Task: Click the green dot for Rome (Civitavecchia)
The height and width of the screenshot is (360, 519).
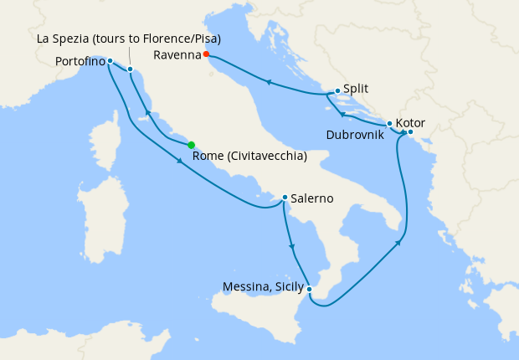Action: (192, 145)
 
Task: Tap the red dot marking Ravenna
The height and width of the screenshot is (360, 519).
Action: (206, 55)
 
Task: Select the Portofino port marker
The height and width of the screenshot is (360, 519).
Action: (110, 61)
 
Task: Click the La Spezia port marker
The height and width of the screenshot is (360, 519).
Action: (131, 69)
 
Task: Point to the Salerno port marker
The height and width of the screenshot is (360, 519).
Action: (285, 198)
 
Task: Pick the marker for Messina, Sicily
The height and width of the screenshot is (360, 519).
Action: (310, 290)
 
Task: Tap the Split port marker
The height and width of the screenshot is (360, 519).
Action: (337, 91)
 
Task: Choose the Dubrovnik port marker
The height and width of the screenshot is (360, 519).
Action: (389, 124)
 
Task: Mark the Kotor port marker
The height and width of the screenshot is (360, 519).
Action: (410, 132)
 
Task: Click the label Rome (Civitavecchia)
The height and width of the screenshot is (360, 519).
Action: (249, 157)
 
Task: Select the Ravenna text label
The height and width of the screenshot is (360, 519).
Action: (177, 55)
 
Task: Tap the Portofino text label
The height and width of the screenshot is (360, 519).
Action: (80, 62)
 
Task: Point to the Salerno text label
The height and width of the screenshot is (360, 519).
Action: (314, 198)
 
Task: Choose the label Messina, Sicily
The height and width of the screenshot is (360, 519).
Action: (263, 287)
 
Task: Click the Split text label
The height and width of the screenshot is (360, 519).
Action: (357, 87)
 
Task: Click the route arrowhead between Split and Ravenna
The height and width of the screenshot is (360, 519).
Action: (268, 82)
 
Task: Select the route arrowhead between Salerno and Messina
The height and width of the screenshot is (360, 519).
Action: (291, 247)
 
